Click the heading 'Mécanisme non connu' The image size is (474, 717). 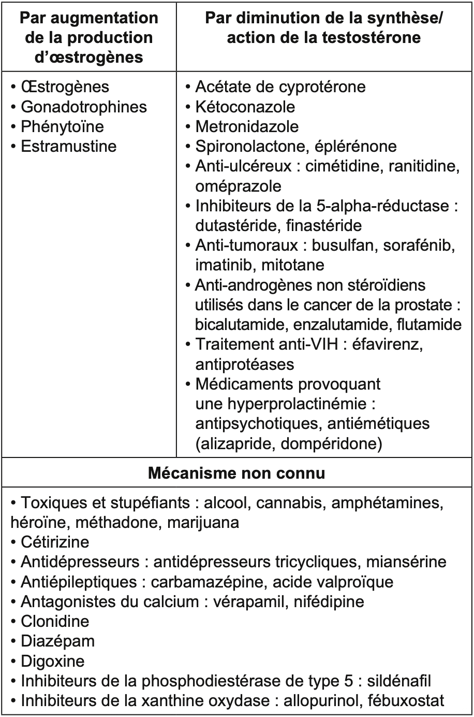236,474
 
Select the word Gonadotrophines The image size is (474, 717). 84,107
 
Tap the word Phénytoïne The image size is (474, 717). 62,126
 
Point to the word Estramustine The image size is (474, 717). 69,146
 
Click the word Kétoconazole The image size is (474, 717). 245,107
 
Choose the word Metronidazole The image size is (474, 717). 247,126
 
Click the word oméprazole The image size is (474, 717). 238,185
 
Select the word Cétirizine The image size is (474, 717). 55,542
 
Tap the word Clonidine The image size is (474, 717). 55,621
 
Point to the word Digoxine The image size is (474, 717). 52,661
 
